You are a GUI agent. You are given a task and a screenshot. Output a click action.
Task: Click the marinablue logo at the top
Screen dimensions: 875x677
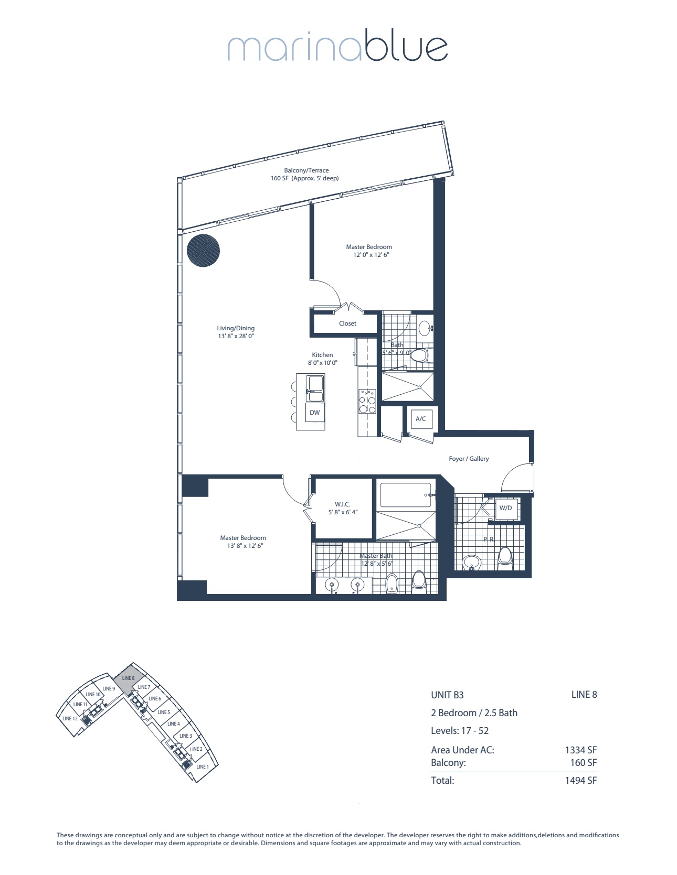tap(337, 48)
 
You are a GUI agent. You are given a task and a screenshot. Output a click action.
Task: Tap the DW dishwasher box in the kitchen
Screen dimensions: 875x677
tap(315, 413)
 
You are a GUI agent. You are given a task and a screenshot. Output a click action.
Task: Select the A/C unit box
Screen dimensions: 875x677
tap(420, 419)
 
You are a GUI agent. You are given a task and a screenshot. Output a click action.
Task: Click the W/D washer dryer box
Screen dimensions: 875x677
tap(505, 508)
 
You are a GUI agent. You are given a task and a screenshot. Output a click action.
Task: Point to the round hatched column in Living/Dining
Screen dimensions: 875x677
tap(203, 251)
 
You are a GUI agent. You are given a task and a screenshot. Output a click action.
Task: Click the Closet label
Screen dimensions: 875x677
tap(347, 323)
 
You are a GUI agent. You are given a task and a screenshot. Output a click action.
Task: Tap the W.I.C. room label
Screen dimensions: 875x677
tap(342, 504)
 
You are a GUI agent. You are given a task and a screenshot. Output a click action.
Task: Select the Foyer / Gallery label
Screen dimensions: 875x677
tap(469, 459)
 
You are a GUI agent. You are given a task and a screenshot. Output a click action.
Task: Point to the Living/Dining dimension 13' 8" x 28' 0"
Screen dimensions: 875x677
tap(236, 336)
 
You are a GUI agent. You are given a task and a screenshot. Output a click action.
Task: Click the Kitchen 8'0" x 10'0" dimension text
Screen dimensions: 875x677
tap(322, 363)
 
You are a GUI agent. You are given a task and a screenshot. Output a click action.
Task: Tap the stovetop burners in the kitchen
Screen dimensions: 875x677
tap(367, 402)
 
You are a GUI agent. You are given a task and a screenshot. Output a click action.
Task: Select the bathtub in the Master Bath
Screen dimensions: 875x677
tap(405, 495)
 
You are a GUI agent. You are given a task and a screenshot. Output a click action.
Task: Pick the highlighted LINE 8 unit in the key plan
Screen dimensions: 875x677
tap(128, 679)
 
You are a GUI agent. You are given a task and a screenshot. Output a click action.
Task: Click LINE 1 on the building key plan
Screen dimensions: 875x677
tap(202, 766)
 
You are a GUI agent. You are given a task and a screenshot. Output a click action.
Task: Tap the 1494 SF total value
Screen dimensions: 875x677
tap(580, 780)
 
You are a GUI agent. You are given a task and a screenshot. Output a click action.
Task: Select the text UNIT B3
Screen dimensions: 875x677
tap(447, 695)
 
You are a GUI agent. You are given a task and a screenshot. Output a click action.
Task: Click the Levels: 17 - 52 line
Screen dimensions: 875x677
tap(460, 731)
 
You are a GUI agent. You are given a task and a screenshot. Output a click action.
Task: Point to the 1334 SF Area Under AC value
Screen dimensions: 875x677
tap(580, 750)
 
